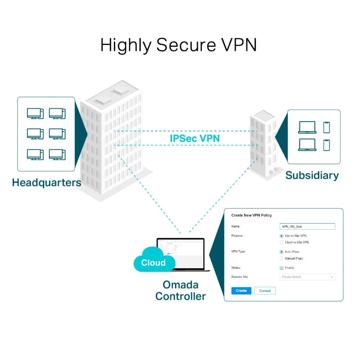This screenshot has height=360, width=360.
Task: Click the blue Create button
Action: (x=241, y=291)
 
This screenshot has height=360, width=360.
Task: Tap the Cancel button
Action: (x=265, y=291)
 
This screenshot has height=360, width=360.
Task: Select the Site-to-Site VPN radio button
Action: (x=282, y=236)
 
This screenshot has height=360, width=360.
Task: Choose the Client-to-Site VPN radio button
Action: (x=282, y=242)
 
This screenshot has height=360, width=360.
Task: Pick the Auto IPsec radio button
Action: (x=282, y=252)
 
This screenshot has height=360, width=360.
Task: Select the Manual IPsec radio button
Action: (x=282, y=258)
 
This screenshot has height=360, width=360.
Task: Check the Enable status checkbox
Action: (x=282, y=268)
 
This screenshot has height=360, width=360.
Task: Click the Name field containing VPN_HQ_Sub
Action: (x=307, y=226)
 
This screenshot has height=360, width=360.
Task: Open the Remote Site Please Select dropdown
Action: (x=307, y=277)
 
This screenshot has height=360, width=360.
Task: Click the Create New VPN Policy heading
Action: (x=251, y=215)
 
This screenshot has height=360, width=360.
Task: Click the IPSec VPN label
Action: (x=194, y=138)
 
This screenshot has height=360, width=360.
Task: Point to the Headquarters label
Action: (x=46, y=183)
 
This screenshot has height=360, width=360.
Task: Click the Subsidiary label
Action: (x=312, y=175)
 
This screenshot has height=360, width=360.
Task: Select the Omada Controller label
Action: (x=180, y=291)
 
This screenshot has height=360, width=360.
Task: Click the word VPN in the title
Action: (x=239, y=45)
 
